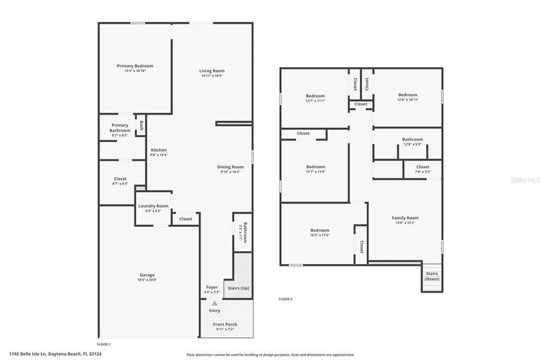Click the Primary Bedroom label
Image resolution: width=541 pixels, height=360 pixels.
[135, 66]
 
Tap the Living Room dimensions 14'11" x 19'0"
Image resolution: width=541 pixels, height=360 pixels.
[212, 76]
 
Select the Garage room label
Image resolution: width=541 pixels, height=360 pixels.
[147, 275]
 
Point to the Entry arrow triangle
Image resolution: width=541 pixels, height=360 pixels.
[214, 304]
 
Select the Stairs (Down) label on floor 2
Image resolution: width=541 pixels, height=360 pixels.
[432, 276]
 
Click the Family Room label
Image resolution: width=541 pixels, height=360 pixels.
[405, 218]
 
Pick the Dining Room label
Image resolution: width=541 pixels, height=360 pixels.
[231, 167]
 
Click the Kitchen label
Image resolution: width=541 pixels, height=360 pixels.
[159, 150]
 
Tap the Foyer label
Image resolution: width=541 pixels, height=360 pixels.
[212, 287]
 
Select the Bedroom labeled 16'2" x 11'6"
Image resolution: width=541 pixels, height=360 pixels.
[319, 230]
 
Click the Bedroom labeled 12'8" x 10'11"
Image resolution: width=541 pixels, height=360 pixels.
[408, 95]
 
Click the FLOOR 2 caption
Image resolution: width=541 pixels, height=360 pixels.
[285, 298]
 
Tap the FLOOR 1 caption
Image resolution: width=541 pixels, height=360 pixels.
[104, 344]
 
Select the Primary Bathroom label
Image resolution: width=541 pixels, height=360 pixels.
[119, 128]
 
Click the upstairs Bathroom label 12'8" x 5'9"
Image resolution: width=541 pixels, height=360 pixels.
[413, 139]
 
